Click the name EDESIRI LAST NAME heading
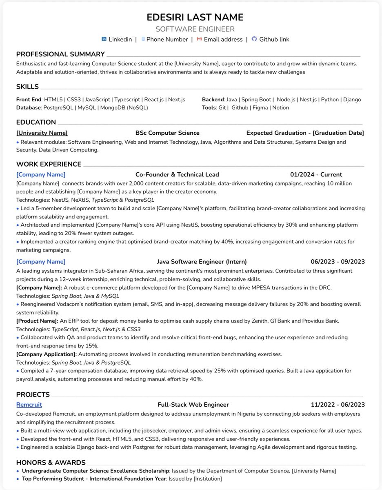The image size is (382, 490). [195, 17]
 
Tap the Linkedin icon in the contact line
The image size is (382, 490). [104, 39]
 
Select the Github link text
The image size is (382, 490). [274, 39]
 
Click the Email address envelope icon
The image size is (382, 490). [199, 39]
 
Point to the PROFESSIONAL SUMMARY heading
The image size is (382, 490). [60, 54]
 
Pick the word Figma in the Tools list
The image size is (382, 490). [260, 107]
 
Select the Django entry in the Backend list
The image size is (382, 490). [352, 99]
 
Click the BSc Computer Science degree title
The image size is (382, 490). [167, 133]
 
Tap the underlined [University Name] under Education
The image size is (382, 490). [42, 133]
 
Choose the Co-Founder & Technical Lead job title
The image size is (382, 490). [177, 174]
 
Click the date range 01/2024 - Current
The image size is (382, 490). [316, 174]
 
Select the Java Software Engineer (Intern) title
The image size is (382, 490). [202, 261]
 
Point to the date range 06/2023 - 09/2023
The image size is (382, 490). [338, 261]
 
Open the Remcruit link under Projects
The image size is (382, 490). [29, 405]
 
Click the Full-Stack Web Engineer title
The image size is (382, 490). [193, 405]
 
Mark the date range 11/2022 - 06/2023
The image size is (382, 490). [338, 405]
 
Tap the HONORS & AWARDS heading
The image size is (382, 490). [51, 462]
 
